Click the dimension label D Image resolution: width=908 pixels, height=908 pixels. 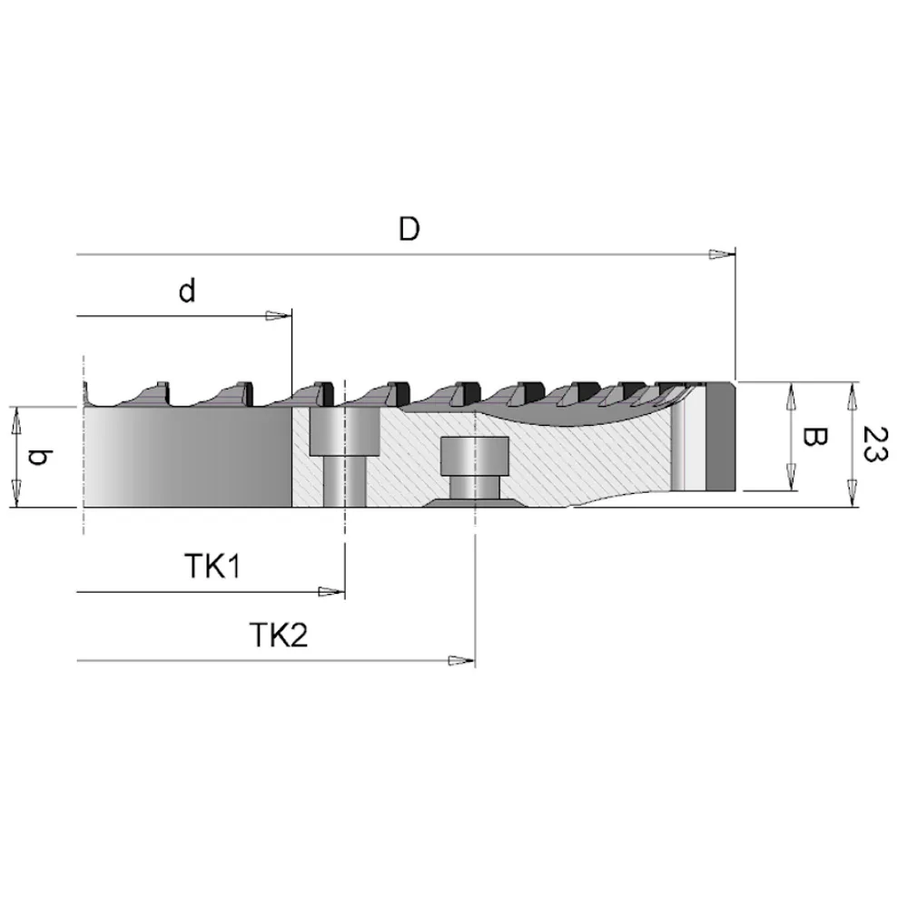coord(410,229)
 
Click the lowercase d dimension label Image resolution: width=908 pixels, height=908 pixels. coord(186,291)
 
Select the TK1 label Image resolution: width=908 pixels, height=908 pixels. coord(212,567)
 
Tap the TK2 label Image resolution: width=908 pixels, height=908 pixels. coord(279,634)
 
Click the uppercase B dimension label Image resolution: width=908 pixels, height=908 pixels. coord(814,439)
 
